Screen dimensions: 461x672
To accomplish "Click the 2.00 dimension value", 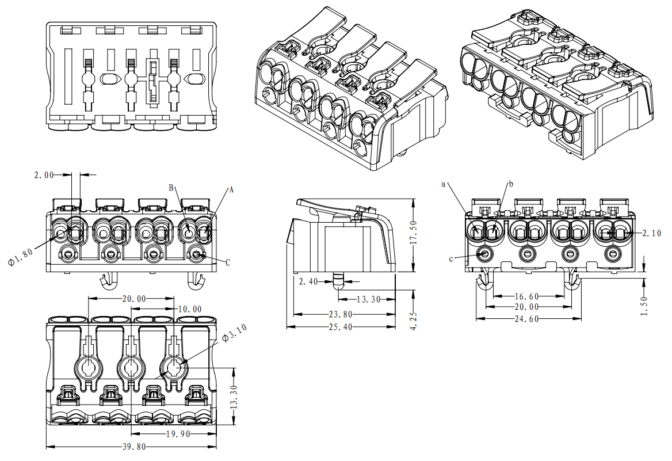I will [x=44, y=174].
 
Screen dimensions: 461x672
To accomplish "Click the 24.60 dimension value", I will [x=527, y=318].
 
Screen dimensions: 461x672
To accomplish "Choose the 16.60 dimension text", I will [x=526, y=296].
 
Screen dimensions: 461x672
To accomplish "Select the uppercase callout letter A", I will [x=231, y=189].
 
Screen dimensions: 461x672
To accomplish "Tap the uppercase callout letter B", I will [x=171, y=188].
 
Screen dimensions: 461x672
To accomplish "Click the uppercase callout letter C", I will [x=228, y=262].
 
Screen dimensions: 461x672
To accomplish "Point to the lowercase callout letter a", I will [x=444, y=184].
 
